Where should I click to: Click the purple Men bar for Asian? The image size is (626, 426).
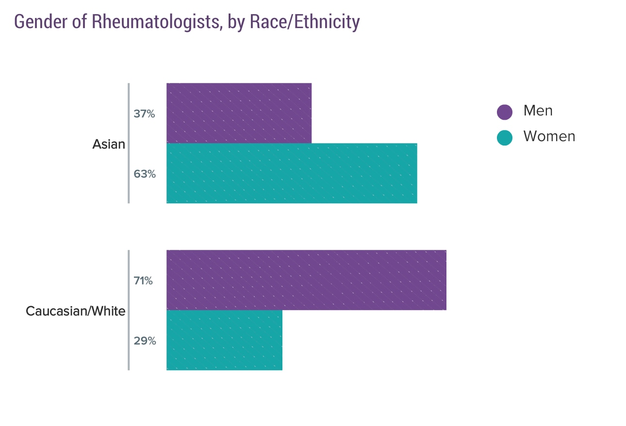(x=239, y=113)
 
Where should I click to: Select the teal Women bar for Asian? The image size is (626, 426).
(x=292, y=173)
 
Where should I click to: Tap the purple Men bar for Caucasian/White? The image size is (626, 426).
(x=306, y=280)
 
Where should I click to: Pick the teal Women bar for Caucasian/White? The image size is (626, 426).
(x=224, y=340)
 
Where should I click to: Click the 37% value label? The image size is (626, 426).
(x=144, y=114)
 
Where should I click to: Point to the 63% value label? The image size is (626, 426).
(x=145, y=174)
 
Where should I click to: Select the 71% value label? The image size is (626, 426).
(x=143, y=280)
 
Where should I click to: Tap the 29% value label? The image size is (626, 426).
(x=145, y=341)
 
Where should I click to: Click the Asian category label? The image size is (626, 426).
(x=109, y=144)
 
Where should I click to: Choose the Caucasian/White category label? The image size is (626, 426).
(x=75, y=311)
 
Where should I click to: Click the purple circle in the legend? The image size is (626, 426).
(x=505, y=112)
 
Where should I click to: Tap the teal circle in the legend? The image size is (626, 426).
(x=505, y=138)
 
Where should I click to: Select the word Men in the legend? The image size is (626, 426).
(x=538, y=111)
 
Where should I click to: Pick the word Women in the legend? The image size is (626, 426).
(x=549, y=136)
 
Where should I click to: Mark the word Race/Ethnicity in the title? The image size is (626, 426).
(x=304, y=22)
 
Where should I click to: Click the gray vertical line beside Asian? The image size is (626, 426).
(x=129, y=143)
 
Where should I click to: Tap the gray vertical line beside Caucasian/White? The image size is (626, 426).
(x=129, y=310)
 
